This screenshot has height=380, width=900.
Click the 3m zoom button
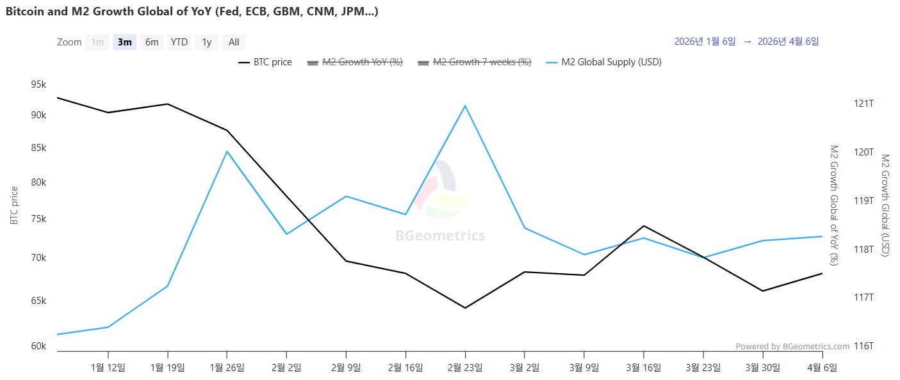[x=124, y=42]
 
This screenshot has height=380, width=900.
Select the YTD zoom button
[x=179, y=42]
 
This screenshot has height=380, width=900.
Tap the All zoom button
[x=234, y=42]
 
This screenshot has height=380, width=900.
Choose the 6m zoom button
[x=152, y=42]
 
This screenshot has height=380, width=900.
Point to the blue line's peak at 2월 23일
[x=465, y=106]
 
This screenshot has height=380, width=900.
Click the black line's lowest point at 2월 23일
[x=465, y=308]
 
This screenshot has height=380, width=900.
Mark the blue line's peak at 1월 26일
[x=227, y=151]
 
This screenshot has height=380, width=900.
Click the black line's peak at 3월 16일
[x=644, y=226]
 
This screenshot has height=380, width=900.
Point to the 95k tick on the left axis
[x=38, y=85]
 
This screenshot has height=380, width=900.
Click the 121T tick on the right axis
[x=865, y=104]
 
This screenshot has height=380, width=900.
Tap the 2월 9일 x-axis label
[x=346, y=367]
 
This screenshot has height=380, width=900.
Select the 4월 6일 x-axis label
[x=822, y=367]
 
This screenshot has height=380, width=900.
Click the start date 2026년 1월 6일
[x=705, y=42]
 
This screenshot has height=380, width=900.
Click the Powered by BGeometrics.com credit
[x=792, y=347]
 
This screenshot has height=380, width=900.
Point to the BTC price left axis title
[x=14, y=205]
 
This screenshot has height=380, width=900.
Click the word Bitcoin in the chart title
[x=23, y=12]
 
